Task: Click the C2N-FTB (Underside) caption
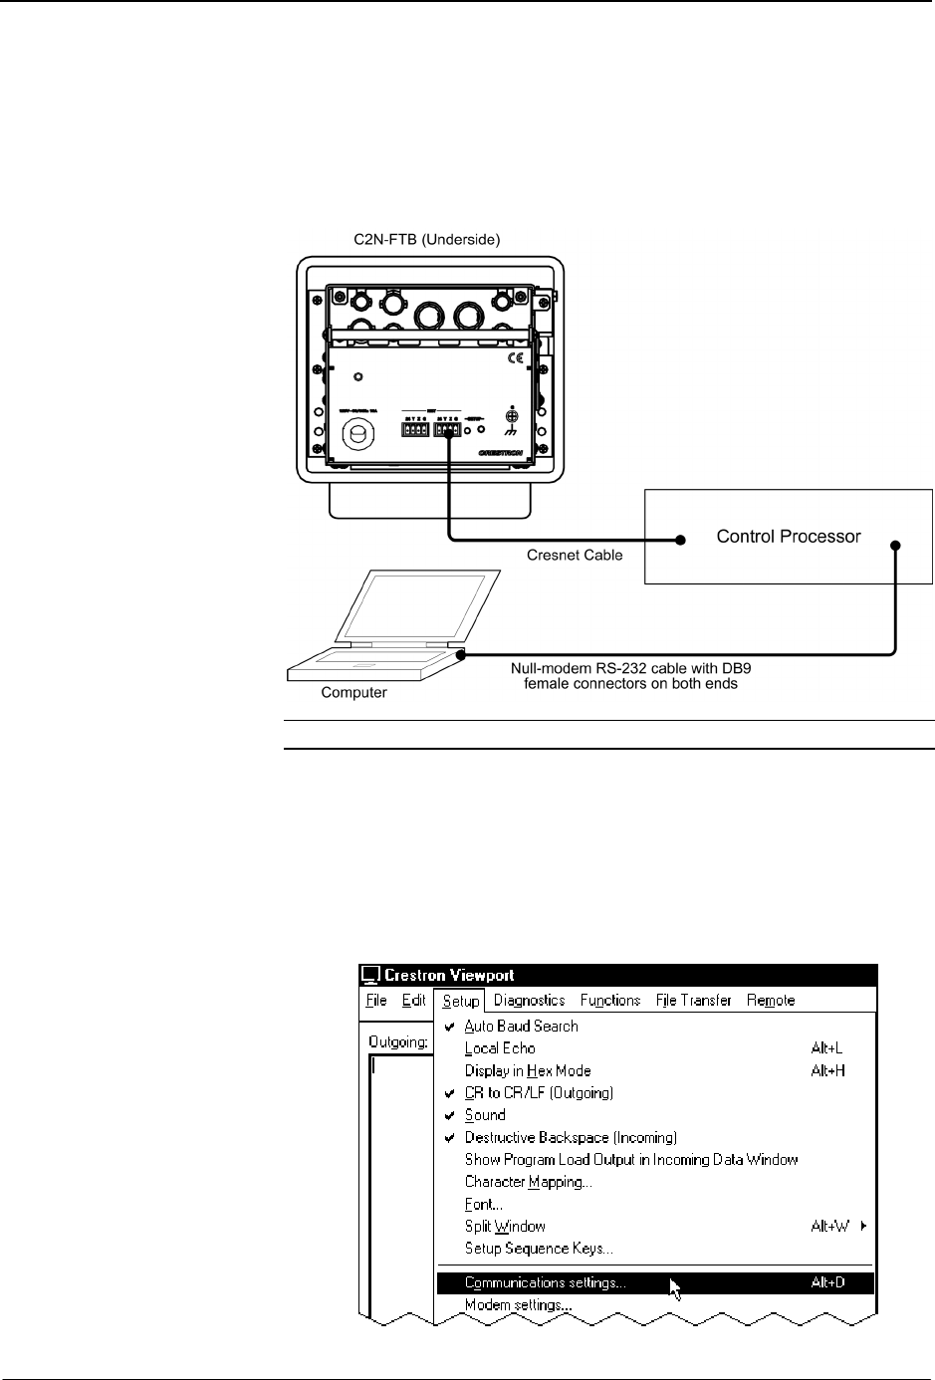click(427, 240)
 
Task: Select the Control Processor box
click(789, 536)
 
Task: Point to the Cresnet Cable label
click(575, 555)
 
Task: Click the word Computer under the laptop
click(353, 692)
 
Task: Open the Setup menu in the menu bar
click(461, 1001)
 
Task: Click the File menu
click(376, 1001)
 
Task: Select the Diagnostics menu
click(529, 1001)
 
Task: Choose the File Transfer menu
click(693, 1001)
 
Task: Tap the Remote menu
click(771, 1001)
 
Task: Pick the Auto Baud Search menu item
click(521, 1026)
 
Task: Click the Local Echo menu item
click(500, 1047)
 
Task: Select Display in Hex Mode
click(528, 1070)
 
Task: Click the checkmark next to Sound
click(450, 1115)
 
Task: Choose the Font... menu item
click(483, 1204)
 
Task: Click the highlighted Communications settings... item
click(546, 1282)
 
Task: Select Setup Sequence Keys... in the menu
click(539, 1249)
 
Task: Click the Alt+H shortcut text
click(827, 1070)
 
